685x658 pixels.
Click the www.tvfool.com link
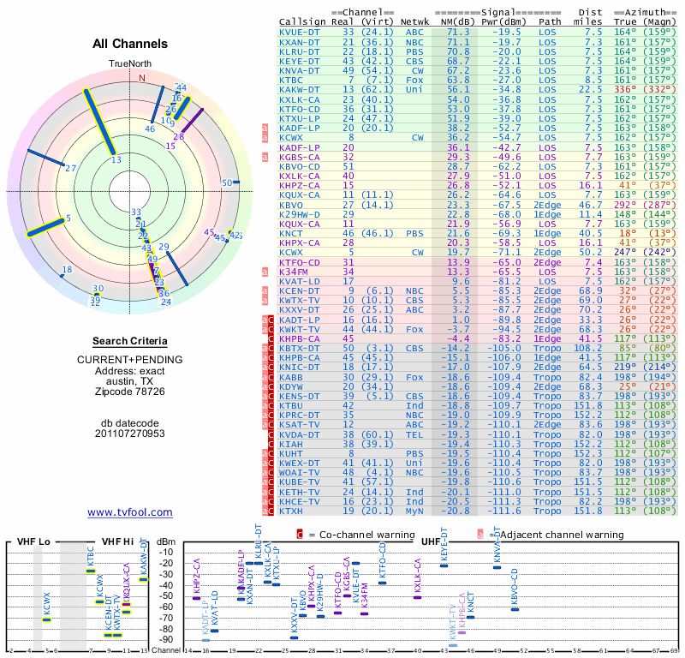[130, 512]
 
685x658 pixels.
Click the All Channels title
[130, 45]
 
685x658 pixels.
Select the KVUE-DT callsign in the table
[301, 31]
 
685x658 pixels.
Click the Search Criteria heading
[130, 341]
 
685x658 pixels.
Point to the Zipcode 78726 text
[130, 391]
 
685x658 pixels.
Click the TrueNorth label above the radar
[130, 64]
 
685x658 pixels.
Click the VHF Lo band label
[33, 542]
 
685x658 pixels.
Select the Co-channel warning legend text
[351, 535]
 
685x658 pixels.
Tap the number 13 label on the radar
[116, 159]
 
